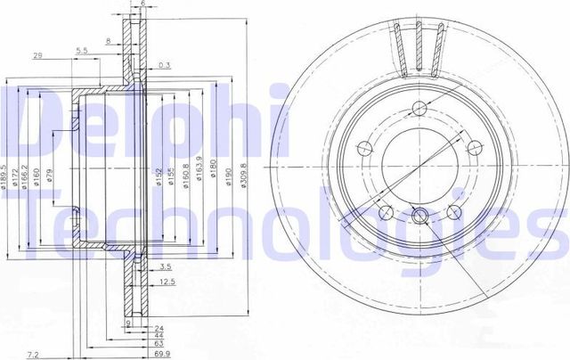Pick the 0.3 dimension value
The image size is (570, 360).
163,65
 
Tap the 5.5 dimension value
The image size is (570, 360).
81,49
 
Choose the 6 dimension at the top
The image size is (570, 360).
142,4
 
